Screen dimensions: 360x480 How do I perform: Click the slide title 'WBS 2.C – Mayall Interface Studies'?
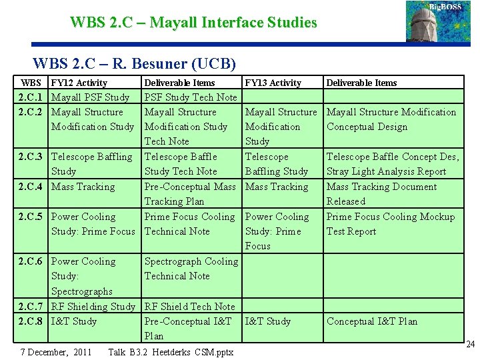pyautogui.click(x=193, y=23)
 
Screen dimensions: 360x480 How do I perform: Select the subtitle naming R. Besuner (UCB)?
pyautogui.click(x=134, y=64)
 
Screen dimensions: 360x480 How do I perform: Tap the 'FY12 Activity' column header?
pyautogui.click(x=79, y=83)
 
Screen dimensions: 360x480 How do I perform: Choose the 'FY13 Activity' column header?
pyautogui.click(x=273, y=83)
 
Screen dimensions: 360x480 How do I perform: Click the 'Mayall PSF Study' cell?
pyautogui.click(x=91, y=97)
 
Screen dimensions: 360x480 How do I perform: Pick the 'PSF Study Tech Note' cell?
pyautogui.click(x=191, y=97)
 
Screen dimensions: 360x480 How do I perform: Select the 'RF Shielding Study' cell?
pyautogui.click(x=93, y=307)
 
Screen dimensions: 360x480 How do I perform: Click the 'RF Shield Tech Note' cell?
pyautogui.click(x=190, y=307)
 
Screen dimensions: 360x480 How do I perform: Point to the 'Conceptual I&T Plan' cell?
pyautogui.click(x=372, y=321)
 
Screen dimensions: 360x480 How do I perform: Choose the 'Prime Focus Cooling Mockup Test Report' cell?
pyautogui.click(x=390, y=224)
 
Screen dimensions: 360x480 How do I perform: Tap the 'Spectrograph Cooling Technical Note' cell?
pyautogui.click(x=191, y=269)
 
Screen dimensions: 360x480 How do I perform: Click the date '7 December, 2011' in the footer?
pyautogui.click(x=57, y=351)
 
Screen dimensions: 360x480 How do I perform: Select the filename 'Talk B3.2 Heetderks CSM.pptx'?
pyautogui.click(x=171, y=351)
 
